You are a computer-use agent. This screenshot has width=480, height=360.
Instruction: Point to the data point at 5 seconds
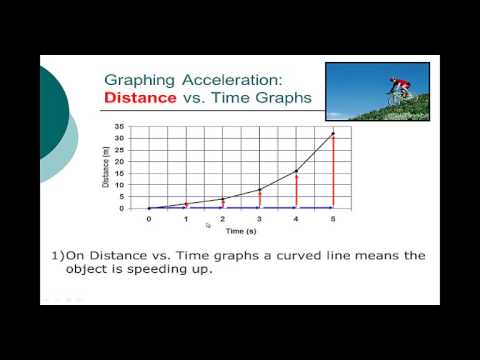tap(332, 133)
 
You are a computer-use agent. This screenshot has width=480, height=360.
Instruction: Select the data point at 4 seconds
tap(296, 171)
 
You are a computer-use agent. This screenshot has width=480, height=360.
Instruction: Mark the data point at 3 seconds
tap(259, 190)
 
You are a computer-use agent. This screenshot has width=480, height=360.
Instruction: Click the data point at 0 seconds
tap(148, 208)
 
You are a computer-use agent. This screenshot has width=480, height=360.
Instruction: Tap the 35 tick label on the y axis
tap(118, 127)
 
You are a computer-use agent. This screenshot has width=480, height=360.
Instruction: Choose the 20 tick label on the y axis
tap(118, 162)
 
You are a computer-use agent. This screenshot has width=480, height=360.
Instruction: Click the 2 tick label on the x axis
tap(222, 219)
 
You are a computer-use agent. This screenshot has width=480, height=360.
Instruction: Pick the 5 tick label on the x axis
tap(332, 219)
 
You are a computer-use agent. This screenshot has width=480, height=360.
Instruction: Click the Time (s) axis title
tap(240, 230)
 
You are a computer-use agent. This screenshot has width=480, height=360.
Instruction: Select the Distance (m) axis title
tap(106, 168)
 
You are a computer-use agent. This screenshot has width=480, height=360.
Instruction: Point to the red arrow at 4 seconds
tap(296, 190)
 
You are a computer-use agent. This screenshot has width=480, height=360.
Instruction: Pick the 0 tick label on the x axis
tap(148, 219)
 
